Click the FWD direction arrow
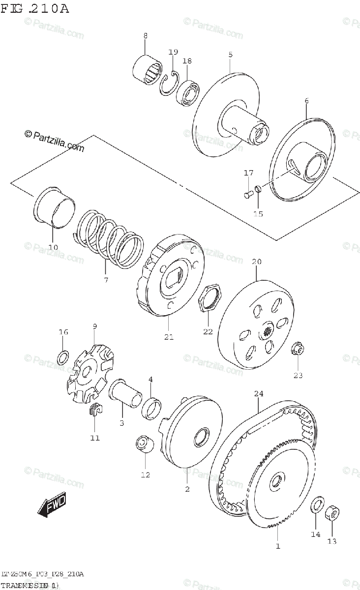(51, 506)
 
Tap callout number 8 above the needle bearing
(145, 35)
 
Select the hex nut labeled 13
(333, 513)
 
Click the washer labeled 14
(318, 504)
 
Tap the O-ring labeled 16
(63, 357)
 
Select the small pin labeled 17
(247, 194)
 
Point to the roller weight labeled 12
(144, 444)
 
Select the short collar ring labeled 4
(151, 408)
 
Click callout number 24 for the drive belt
(259, 394)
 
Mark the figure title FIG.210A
(34, 8)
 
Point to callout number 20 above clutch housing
(256, 262)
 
